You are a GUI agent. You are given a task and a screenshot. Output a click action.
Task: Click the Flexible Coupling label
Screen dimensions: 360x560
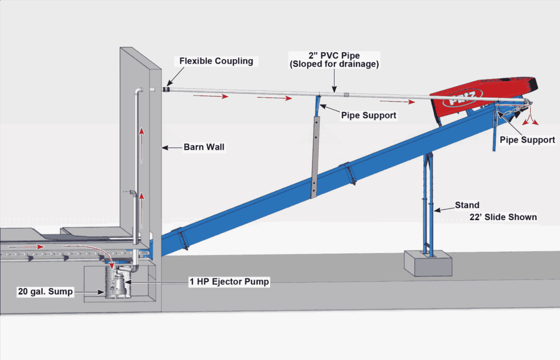pos(216,61)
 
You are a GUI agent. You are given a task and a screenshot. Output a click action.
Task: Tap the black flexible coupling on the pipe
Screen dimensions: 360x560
pos(166,88)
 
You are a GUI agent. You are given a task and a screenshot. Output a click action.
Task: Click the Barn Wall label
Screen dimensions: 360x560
pos(204,147)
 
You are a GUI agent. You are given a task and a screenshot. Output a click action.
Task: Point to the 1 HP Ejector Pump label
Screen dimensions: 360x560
pos(229,282)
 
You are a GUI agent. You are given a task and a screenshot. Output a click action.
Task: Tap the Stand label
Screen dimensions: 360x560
pos(467,205)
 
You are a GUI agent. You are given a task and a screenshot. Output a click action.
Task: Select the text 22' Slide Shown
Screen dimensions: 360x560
pos(504,217)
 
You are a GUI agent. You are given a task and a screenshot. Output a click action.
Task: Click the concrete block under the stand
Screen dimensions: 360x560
pos(428,265)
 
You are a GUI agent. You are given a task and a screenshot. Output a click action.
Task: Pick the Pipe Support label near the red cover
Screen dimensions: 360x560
pos(527,139)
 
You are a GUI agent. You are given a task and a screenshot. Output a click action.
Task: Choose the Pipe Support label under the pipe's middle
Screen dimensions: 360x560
pos(368,115)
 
